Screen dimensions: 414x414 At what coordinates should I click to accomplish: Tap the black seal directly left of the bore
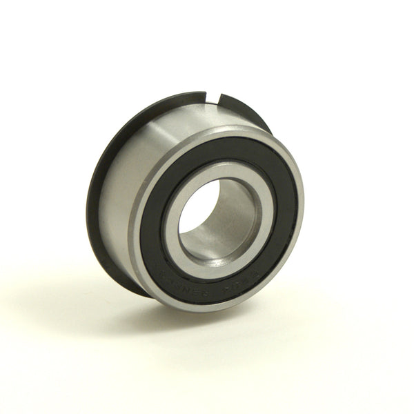pyautogui.click(x=153, y=221)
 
